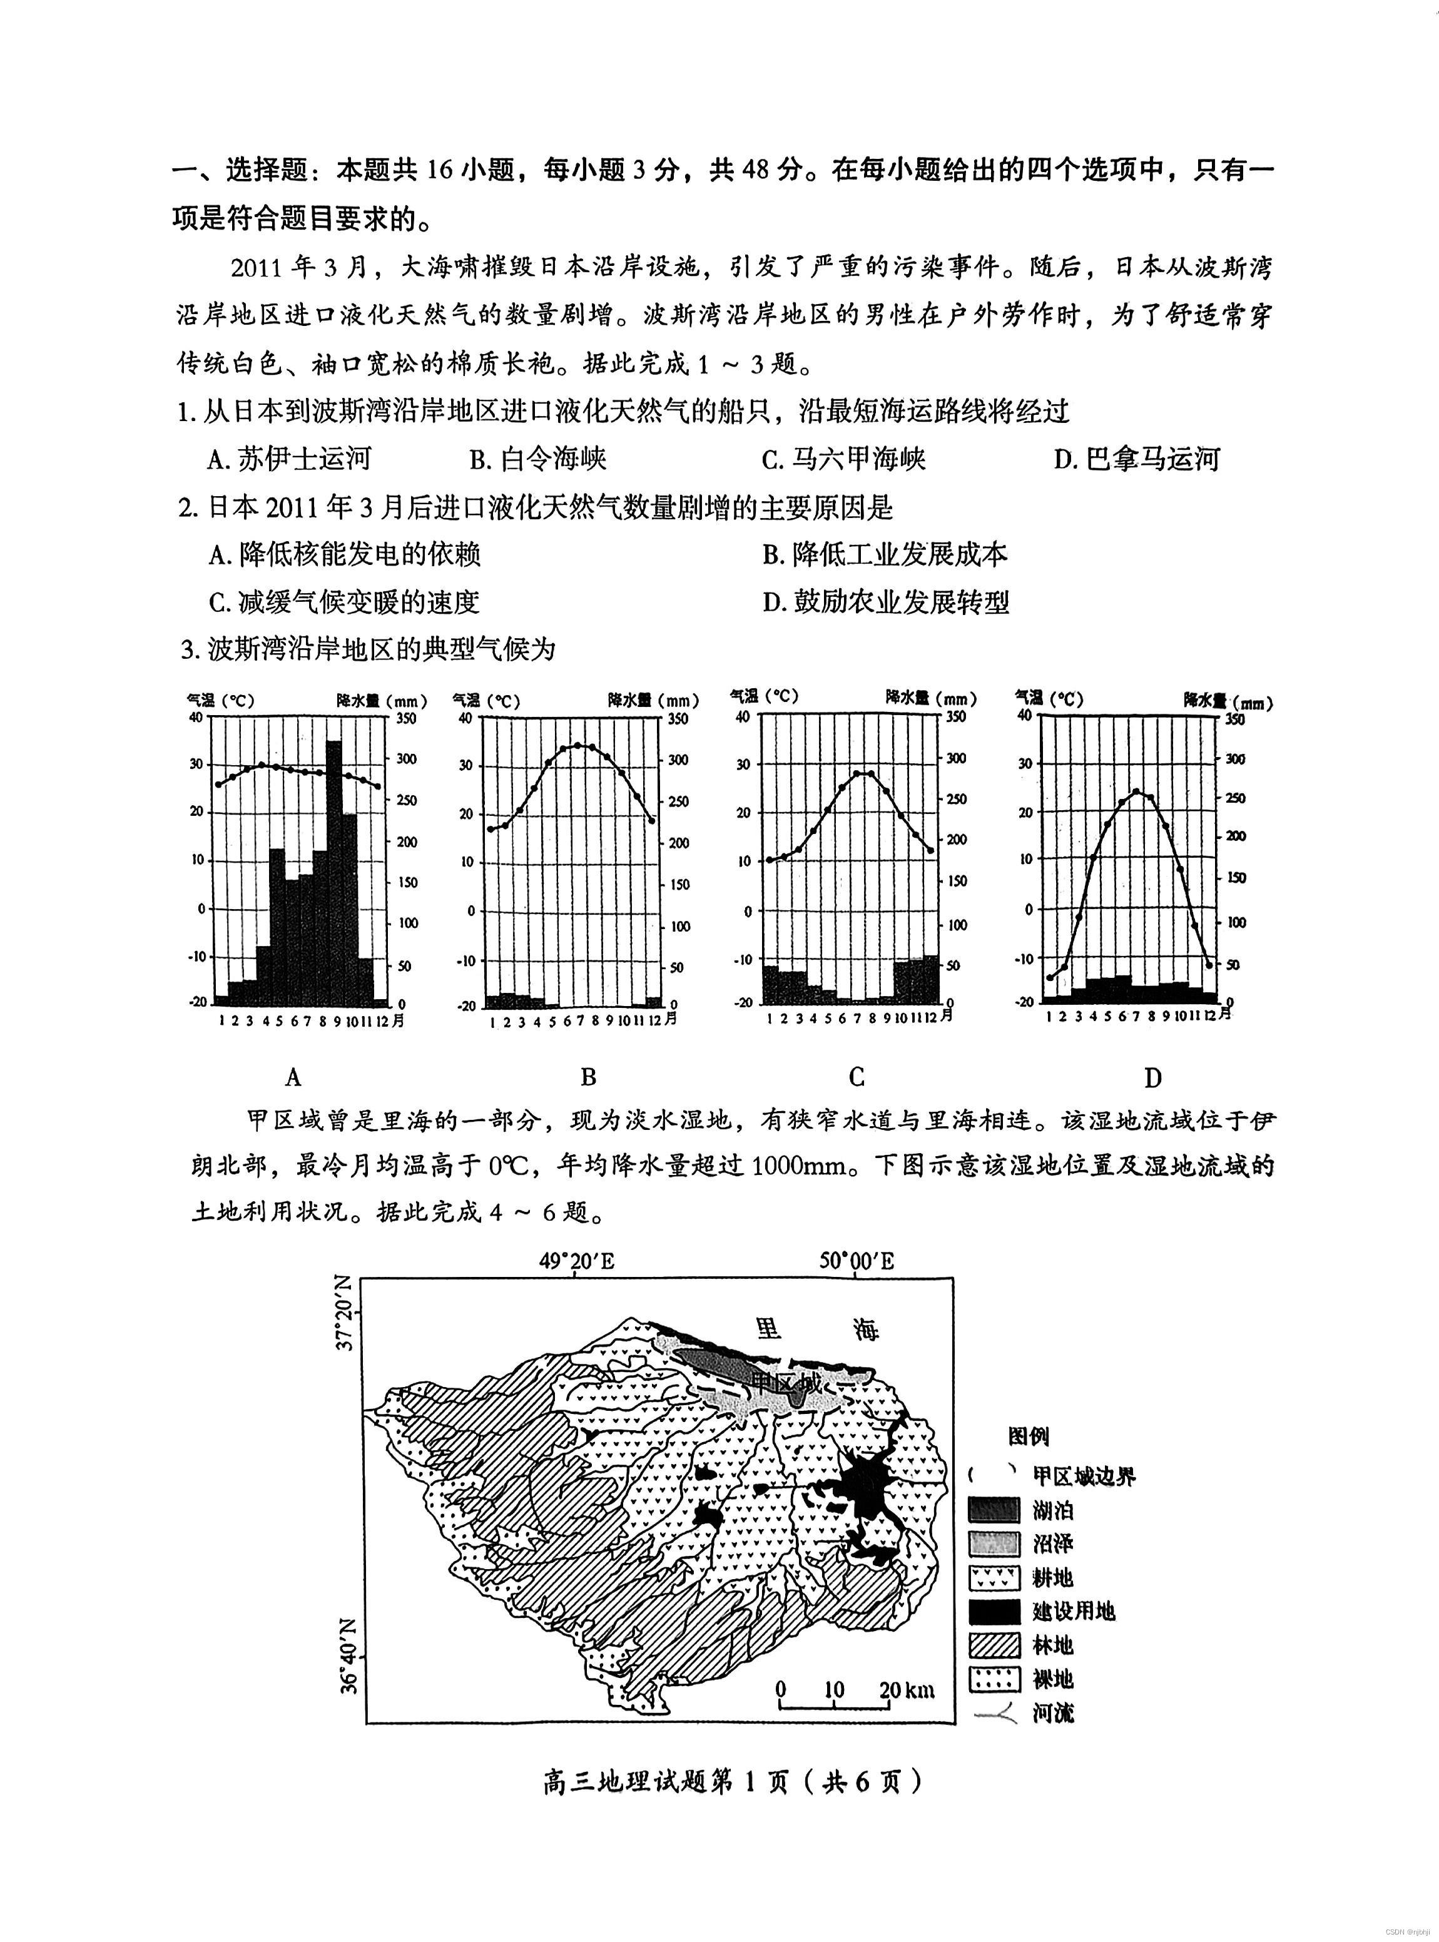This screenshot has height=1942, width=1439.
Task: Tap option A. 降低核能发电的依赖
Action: point(344,554)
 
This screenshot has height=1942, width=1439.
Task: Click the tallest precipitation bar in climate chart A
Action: point(333,871)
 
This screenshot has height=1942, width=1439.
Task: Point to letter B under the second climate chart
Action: point(588,1077)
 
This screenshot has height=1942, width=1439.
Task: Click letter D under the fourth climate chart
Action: point(1152,1078)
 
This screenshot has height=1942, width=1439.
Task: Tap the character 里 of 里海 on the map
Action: point(768,1329)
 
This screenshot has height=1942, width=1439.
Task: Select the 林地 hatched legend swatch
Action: point(994,1644)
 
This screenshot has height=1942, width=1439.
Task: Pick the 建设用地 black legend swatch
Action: point(994,1611)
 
